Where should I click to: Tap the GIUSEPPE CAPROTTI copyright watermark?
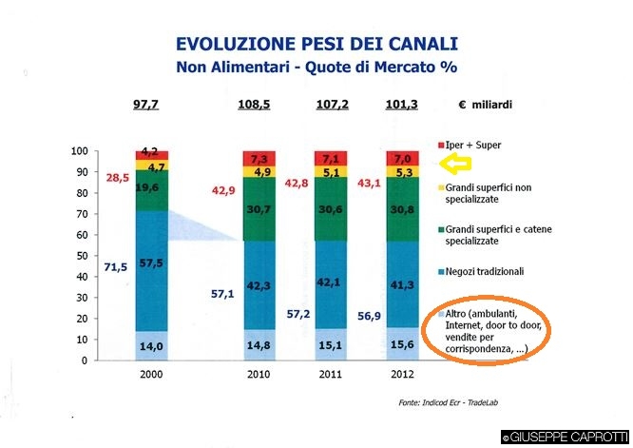click(x=566, y=438)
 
